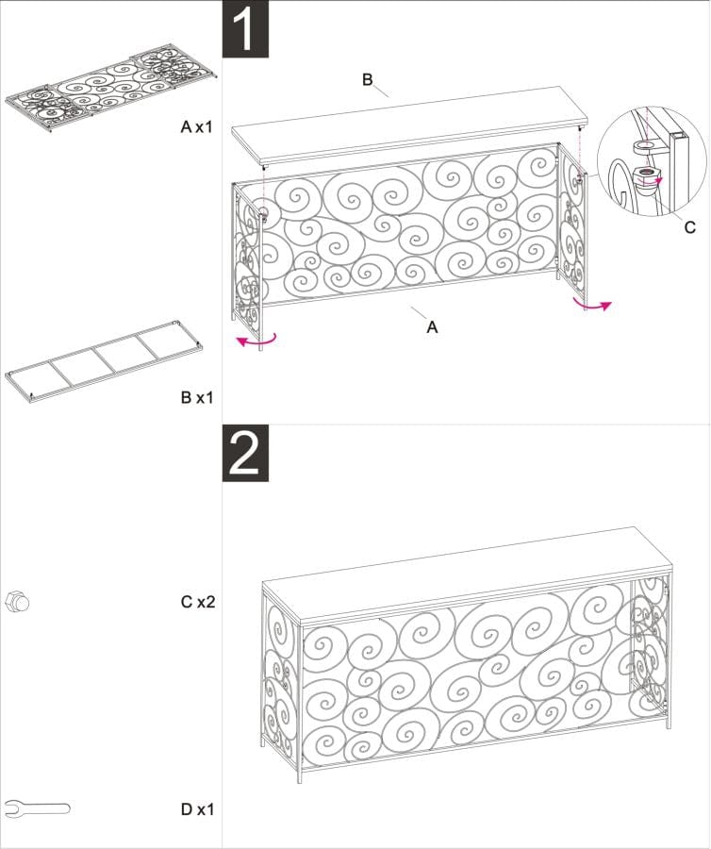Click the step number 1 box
[245, 29]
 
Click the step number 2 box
[245, 454]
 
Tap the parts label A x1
[197, 125]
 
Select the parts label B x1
[197, 397]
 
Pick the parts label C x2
[197, 600]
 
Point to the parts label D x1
[197, 808]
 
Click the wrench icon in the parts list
[37, 807]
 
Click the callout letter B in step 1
[368, 79]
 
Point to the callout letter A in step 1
[432, 326]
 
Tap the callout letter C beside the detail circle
[690, 226]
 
